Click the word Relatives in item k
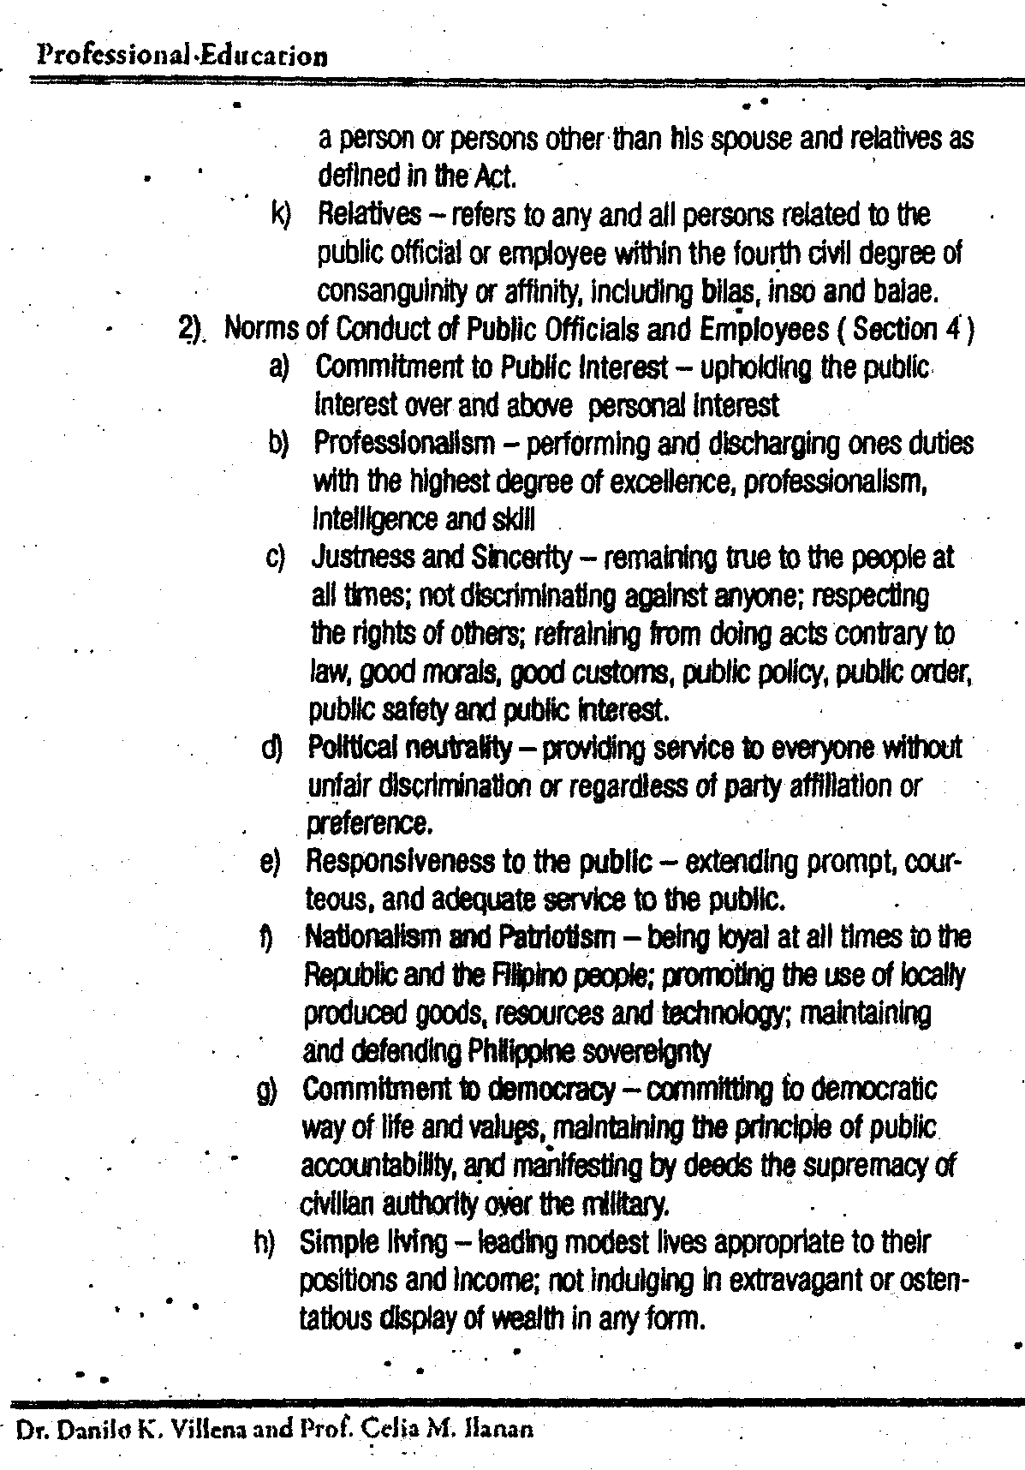[x=369, y=214]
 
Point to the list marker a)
[x=279, y=367]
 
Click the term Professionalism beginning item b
[x=404, y=444]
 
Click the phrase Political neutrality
[x=410, y=748]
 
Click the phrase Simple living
[x=374, y=1242]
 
